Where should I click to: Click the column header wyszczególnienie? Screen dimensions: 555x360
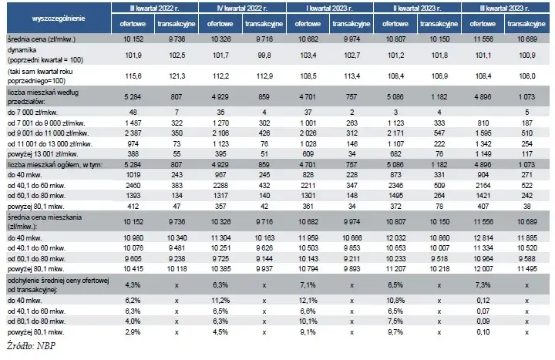(59, 19)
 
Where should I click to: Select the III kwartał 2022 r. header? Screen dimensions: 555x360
(155, 8)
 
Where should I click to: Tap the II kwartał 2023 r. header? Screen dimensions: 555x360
(417, 8)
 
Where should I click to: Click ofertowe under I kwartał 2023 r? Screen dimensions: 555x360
(308, 24)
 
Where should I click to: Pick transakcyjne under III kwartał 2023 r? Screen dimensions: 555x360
(526, 24)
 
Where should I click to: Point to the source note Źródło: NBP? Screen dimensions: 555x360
(31, 346)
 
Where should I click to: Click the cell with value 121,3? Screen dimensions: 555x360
(177, 76)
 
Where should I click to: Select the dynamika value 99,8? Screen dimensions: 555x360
(264, 56)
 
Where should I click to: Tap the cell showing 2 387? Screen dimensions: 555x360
(133, 133)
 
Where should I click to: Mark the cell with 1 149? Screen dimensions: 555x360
(483, 154)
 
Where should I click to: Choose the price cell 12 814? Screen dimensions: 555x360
(483, 238)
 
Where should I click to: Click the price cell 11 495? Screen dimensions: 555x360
(527, 269)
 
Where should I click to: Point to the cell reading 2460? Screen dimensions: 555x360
(133, 186)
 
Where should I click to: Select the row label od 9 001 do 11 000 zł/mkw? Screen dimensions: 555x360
(48, 133)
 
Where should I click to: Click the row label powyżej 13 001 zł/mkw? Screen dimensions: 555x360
(43, 154)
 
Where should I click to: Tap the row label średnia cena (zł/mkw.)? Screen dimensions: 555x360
(42, 39)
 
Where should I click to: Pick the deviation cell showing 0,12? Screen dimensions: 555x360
(483, 301)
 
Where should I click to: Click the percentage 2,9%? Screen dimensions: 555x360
(133, 332)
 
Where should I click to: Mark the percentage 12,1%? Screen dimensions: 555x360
(308, 301)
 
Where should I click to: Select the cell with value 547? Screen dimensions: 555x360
(439, 133)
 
